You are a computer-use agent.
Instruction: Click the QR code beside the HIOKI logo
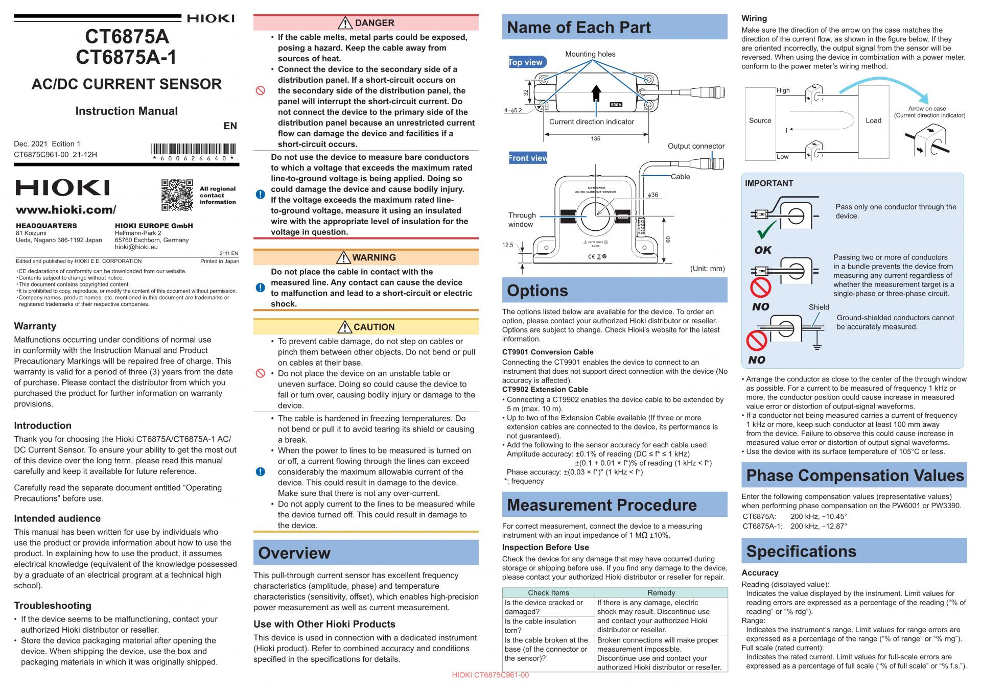tap(177, 195)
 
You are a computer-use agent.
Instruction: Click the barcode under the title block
tap(194, 150)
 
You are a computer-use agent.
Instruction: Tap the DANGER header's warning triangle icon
tap(345, 23)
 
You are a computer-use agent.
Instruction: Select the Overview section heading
tap(294, 553)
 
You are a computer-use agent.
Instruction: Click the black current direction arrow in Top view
tap(596, 94)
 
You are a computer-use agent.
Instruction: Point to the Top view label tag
tap(526, 62)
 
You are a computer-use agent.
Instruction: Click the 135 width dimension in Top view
tap(596, 138)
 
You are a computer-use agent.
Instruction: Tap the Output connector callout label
tap(696, 146)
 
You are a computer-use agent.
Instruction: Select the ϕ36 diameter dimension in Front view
tap(653, 195)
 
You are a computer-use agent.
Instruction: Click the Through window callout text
tap(522, 220)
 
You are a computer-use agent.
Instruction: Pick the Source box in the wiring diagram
tap(760, 121)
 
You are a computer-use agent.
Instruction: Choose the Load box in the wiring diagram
tap(873, 121)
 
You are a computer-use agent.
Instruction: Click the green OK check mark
tap(766, 230)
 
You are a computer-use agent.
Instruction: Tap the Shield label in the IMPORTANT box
tap(819, 307)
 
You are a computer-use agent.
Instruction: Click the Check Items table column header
tap(548, 592)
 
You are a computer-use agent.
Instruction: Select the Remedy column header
tap(661, 592)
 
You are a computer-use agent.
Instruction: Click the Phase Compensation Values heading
tap(855, 475)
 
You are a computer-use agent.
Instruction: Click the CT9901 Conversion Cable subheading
tap(548, 352)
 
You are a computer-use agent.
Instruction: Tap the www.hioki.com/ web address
tap(66, 210)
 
